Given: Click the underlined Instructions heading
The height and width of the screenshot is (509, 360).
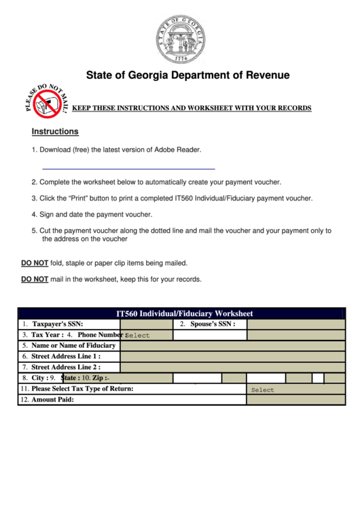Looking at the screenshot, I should tap(55, 131).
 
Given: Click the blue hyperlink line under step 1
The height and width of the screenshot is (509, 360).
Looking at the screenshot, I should tap(128, 168).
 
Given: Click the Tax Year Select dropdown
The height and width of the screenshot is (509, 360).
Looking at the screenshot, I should tap(146, 335).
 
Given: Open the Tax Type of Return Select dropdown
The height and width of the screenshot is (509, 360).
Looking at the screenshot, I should tap(295, 389).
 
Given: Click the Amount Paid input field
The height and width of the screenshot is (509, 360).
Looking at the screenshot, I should tap(295, 400).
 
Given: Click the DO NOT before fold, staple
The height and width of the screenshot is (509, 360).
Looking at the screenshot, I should tap(35, 263).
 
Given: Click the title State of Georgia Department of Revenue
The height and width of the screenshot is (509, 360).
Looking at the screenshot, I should tap(187, 75).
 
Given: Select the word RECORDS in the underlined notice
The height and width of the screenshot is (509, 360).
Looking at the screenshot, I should tap(294, 108).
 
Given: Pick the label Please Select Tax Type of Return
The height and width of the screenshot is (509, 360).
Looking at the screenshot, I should tap(82, 389).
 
